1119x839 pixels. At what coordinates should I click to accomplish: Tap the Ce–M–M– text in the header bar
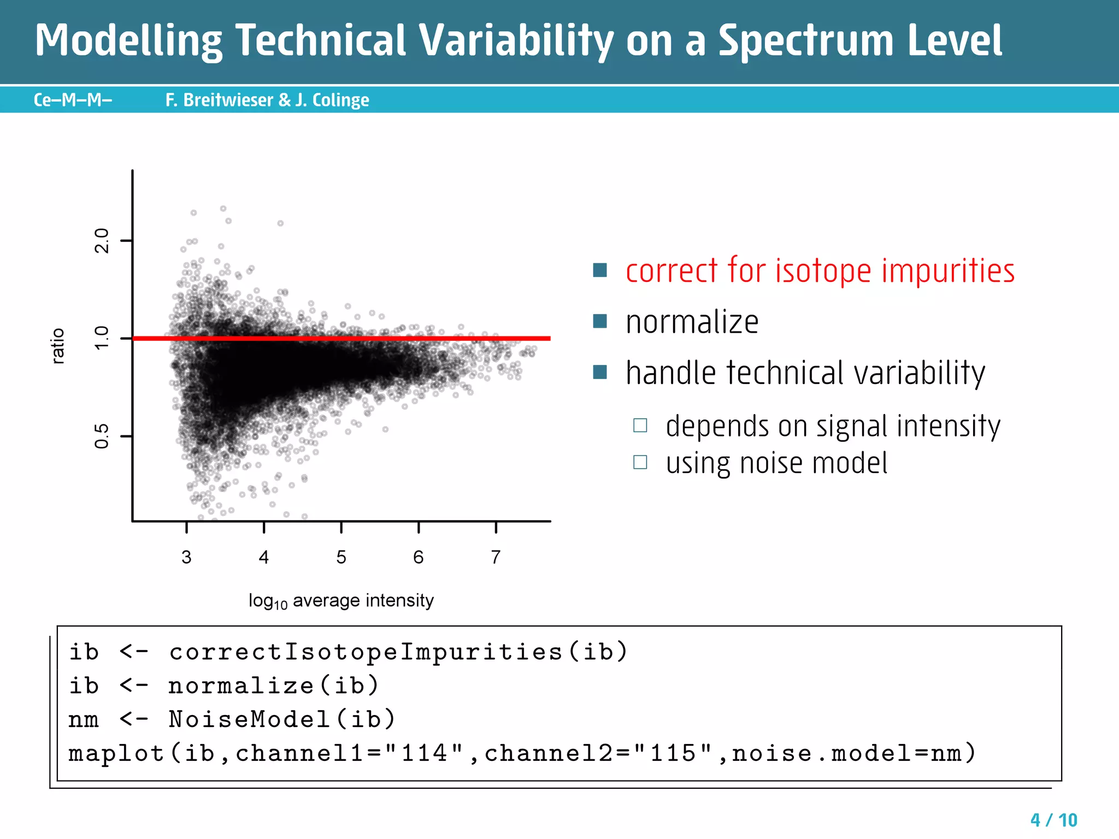pos(73,100)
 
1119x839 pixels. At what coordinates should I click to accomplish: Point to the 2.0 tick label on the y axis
pos(102,240)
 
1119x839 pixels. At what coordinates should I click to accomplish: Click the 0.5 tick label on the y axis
pos(102,436)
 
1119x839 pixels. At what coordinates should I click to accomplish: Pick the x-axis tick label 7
pos(496,557)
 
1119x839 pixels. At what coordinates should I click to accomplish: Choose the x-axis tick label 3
pos(186,557)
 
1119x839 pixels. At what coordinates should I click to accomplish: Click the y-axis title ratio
pos(58,346)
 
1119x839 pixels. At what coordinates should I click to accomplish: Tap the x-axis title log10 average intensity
pos(341,601)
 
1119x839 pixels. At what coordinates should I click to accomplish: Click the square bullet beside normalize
pos(600,321)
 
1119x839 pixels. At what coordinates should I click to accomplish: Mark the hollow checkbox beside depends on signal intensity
pos(640,426)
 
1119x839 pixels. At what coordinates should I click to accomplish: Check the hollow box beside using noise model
pos(640,463)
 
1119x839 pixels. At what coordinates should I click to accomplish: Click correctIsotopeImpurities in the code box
pos(366,652)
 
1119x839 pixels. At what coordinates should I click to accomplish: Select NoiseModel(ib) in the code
pos(282,719)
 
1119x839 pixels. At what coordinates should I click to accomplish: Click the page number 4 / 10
pos(1053,820)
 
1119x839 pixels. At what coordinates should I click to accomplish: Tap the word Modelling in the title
pos(129,41)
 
